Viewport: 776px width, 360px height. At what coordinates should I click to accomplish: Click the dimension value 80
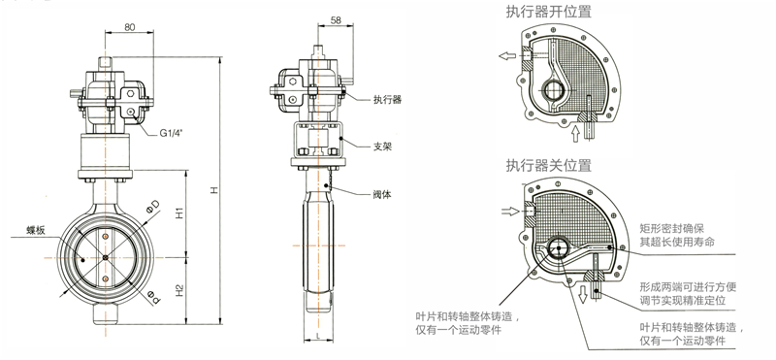(129, 28)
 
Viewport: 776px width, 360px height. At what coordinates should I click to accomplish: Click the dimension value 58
(336, 20)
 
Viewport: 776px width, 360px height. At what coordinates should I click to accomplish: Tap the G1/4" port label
(171, 133)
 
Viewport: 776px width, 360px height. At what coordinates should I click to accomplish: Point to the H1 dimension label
(180, 213)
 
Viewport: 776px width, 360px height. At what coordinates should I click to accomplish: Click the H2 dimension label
(180, 290)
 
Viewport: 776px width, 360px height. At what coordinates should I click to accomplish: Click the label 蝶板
(36, 231)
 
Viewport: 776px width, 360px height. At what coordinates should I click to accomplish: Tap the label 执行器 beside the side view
(387, 100)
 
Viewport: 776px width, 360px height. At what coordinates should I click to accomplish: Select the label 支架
(382, 147)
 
